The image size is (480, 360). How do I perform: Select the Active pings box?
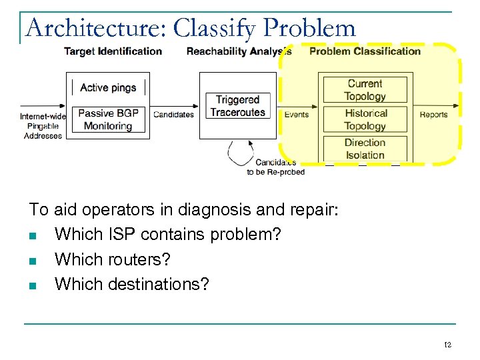(x=108, y=87)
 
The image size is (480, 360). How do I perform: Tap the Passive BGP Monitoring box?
(x=108, y=119)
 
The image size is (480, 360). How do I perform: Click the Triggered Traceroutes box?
(x=237, y=106)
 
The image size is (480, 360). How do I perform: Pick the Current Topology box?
(x=365, y=89)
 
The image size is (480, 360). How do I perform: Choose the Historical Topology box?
(x=365, y=119)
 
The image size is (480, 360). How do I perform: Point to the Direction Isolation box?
(x=365, y=149)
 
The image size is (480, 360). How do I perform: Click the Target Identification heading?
(x=113, y=51)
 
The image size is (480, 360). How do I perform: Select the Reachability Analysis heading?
(x=239, y=51)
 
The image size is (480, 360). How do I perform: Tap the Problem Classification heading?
(x=365, y=51)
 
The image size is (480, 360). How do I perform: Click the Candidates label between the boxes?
(x=173, y=115)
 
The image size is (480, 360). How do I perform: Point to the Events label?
(x=296, y=115)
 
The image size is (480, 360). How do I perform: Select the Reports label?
(x=433, y=115)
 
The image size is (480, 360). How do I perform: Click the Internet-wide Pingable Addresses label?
(x=43, y=126)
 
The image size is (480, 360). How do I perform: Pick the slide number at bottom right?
(x=448, y=345)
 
